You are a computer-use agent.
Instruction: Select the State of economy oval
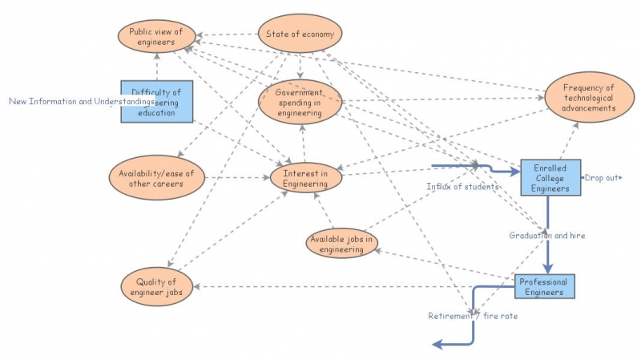tap(300, 34)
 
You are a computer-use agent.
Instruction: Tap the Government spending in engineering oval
tap(300, 103)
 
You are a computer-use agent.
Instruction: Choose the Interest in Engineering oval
tap(304, 179)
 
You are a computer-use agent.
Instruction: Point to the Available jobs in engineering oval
tap(342, 244)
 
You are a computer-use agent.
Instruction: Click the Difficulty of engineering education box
tap(157, 102)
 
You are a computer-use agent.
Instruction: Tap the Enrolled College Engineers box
tap(549, 177)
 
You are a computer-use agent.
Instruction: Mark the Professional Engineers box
tap(544, 287)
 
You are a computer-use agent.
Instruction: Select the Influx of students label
tap(462, 187)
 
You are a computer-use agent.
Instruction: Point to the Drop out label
tap(603, 177)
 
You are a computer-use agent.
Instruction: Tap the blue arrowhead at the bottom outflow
tap(437, 345)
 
